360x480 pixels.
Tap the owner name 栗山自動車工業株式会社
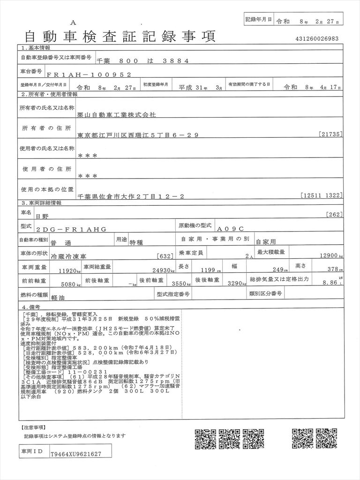(x=117, y=114)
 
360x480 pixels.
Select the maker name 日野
(x=41, y=216)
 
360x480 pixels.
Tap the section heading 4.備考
(x=33, y=307)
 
